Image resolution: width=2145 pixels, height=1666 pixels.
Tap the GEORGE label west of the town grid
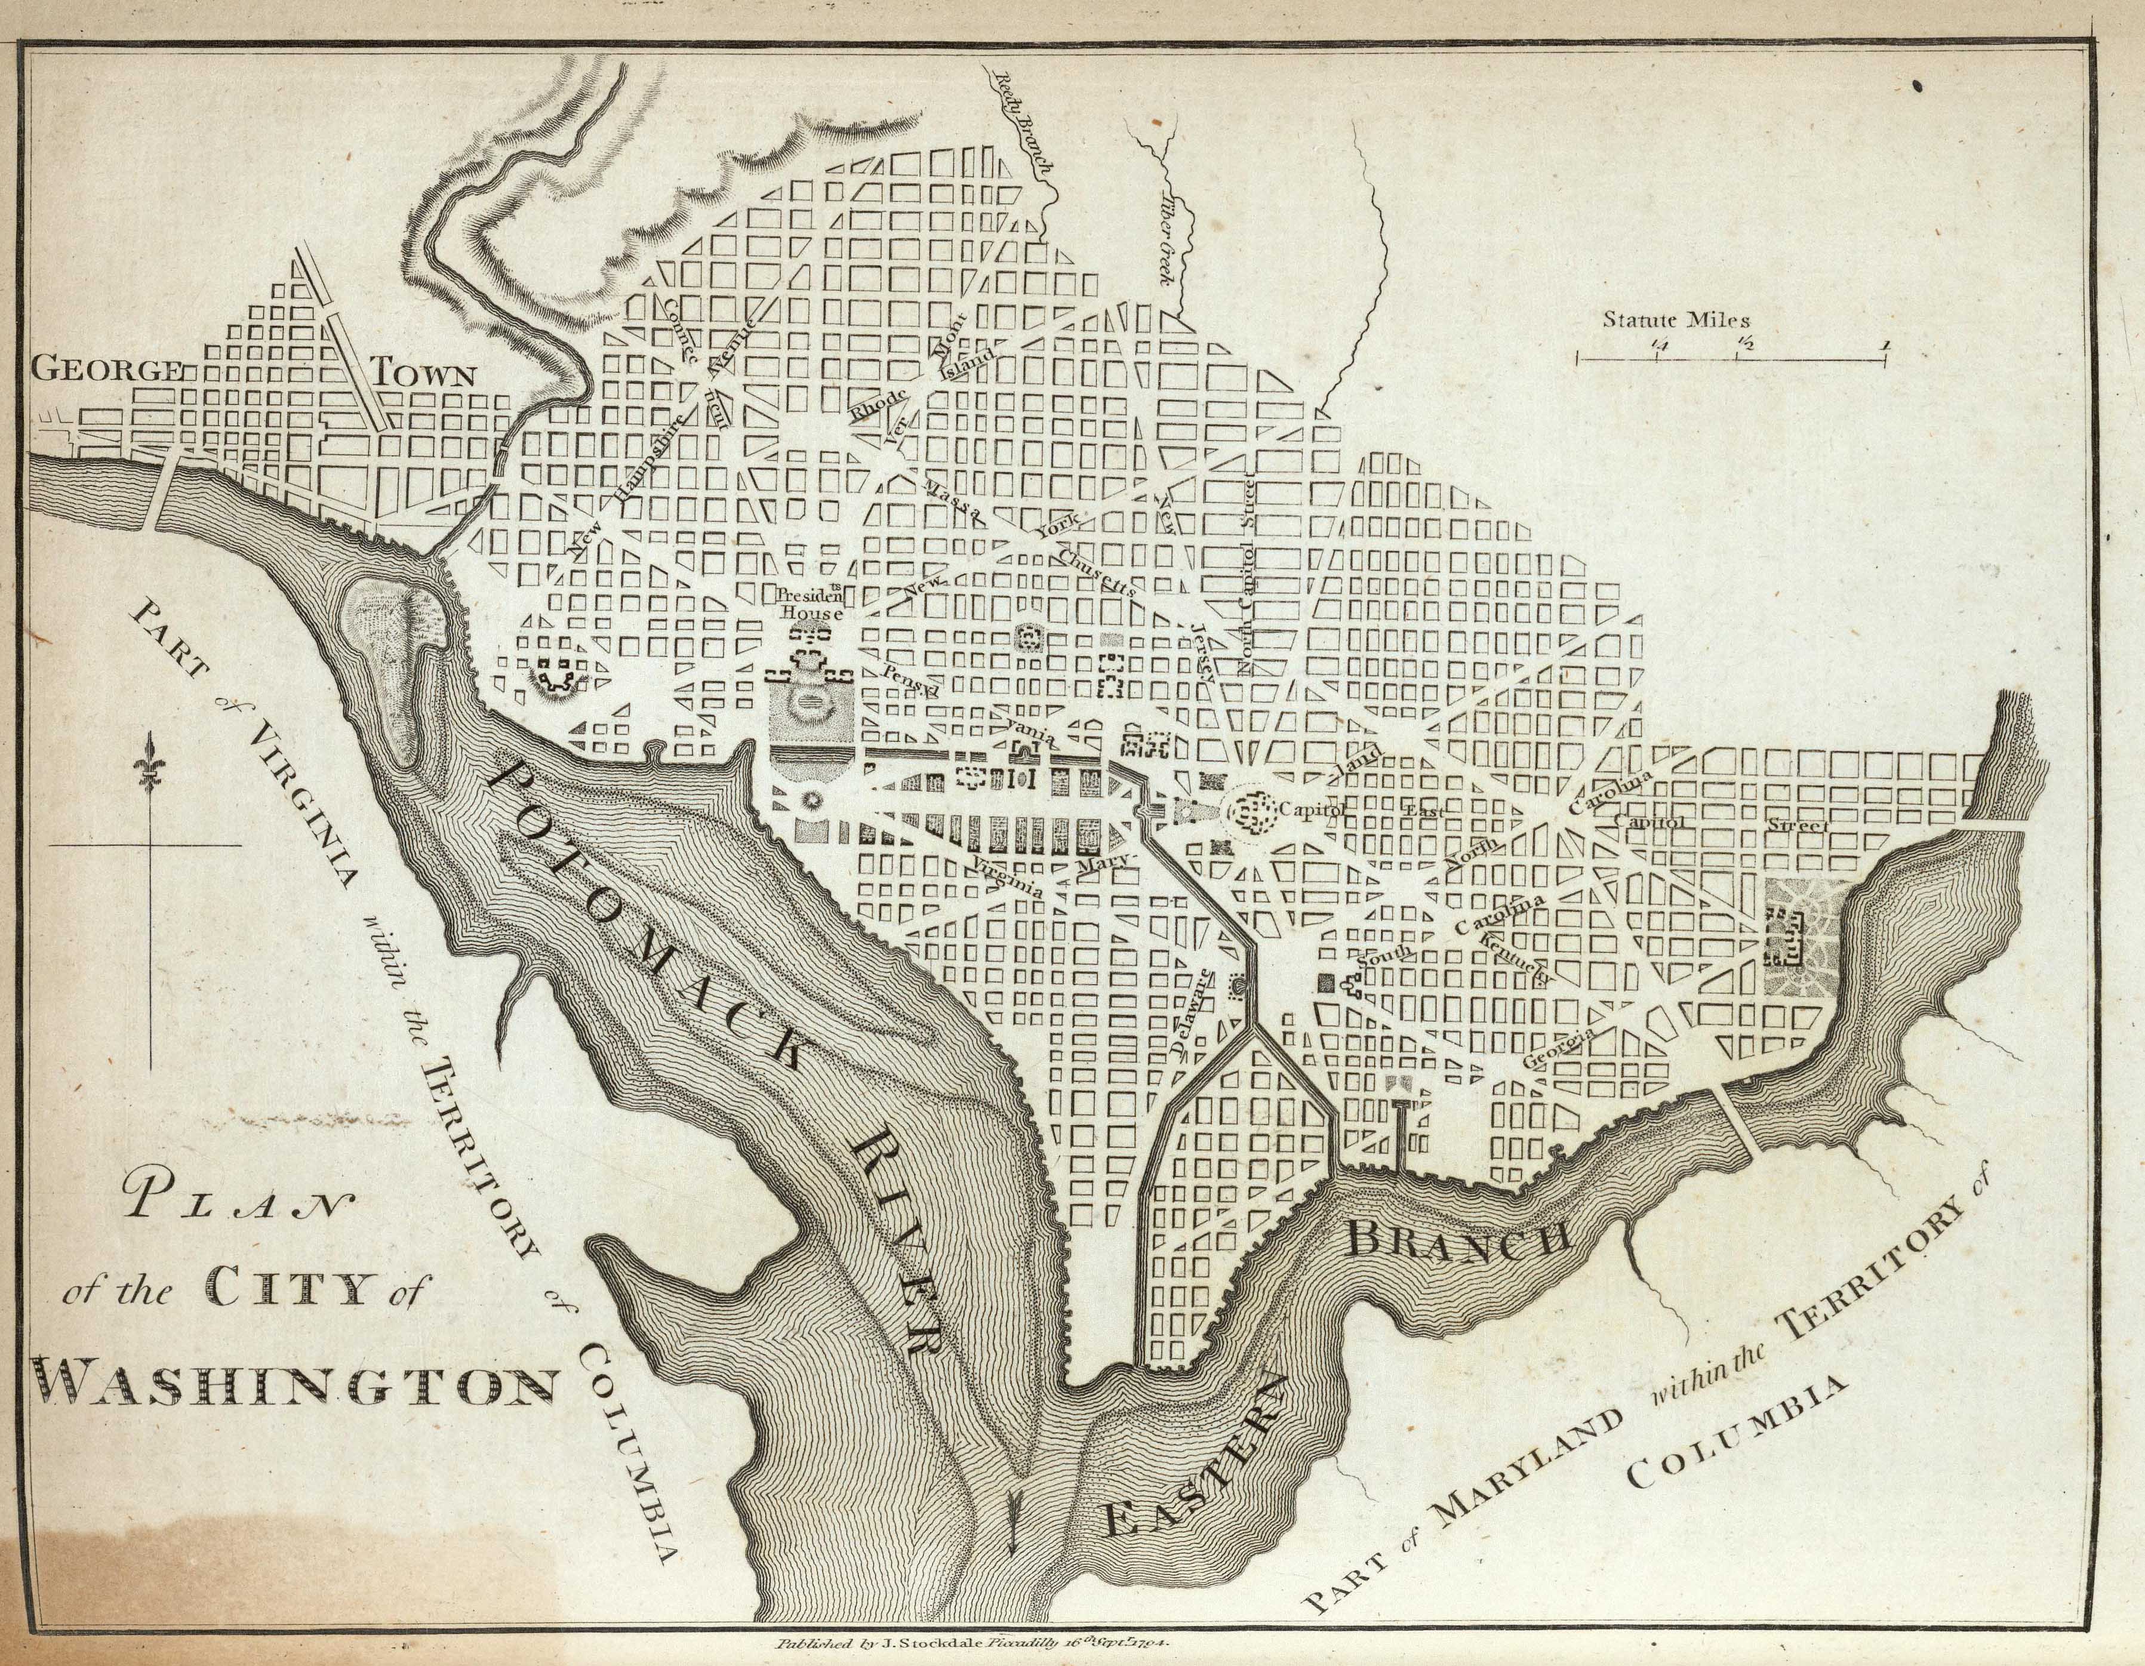click(107, 371)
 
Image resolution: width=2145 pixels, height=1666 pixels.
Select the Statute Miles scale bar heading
click(1676, 319)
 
